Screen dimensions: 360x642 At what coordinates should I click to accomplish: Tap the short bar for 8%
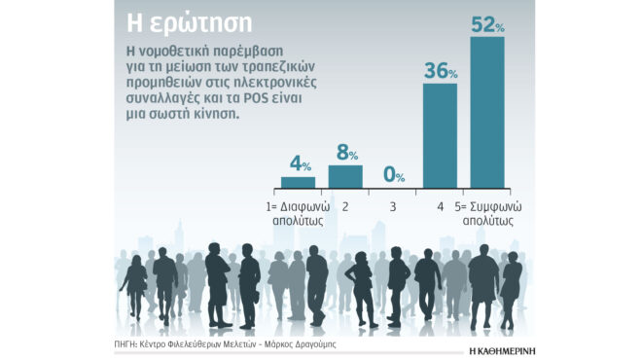(345, 176)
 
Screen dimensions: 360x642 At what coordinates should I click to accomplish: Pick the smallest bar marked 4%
(298, 182)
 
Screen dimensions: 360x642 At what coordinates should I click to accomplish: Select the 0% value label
(393, 175)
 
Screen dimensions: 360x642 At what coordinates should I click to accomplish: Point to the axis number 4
(440, 205)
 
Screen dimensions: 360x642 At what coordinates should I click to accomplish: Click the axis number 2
(345, 205)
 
